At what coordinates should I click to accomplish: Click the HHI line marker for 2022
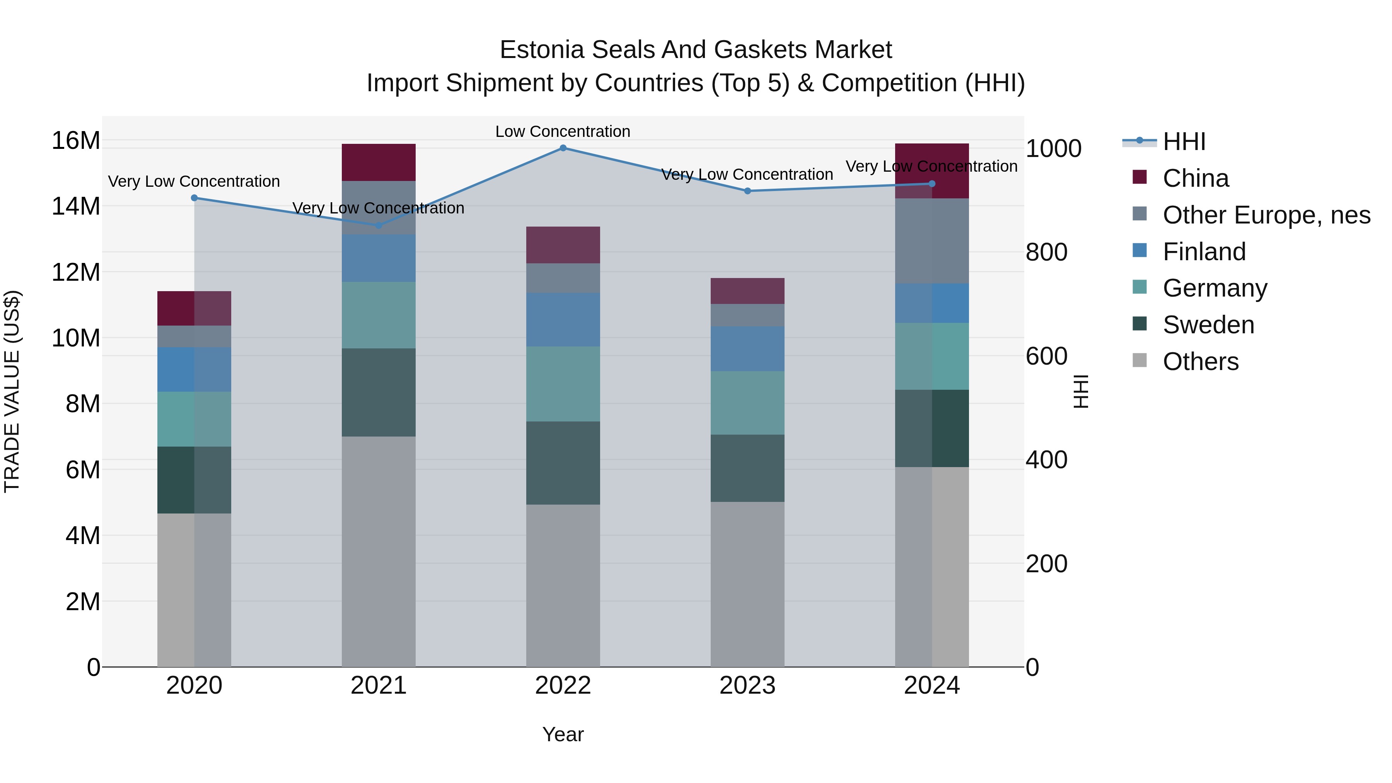click(563, 148)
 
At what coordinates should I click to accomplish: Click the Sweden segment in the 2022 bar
click(563, 463)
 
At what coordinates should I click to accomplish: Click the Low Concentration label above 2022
click(563, 131)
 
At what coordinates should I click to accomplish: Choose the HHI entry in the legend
click(1184, 142)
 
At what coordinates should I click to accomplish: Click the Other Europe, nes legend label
click(1266, 215)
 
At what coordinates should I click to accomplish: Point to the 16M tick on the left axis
click(76, 140)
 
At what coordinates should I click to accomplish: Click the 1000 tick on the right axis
click(1053, 148)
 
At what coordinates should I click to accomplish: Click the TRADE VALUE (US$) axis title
click(12, 391)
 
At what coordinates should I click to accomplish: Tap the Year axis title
click(563, 734)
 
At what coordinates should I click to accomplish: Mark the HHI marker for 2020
click(194, 198)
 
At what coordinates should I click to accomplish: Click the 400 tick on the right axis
click(1046, 460)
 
